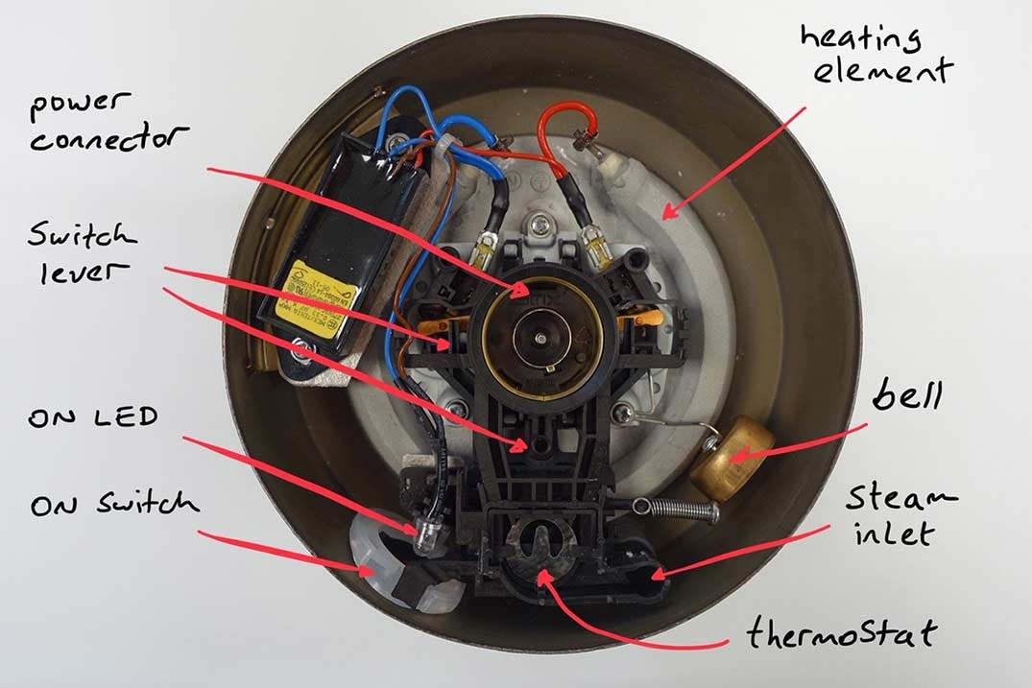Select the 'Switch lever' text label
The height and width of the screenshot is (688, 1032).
point(82,252)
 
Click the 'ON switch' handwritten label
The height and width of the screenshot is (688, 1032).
point(113,503)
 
